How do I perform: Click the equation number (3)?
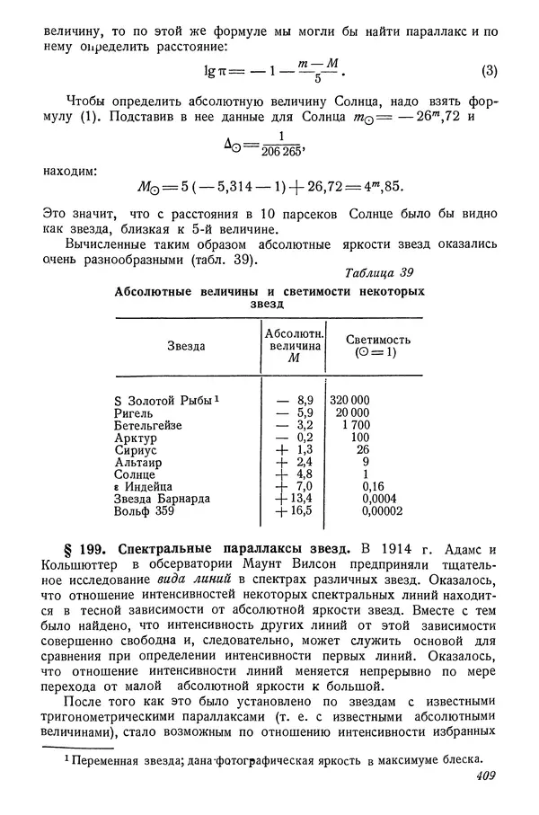point(490,72)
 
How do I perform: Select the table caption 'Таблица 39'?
point(380,273)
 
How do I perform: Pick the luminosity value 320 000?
point(349,399)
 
